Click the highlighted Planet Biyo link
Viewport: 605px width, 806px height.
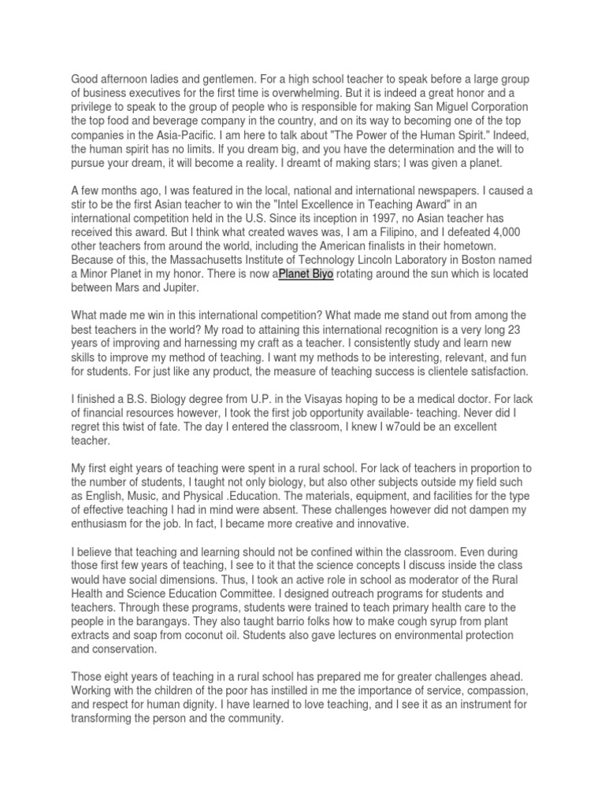pyautogui.click(x=306, y=273)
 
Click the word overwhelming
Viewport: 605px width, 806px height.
pyautogui.click(x=360, y=93)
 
